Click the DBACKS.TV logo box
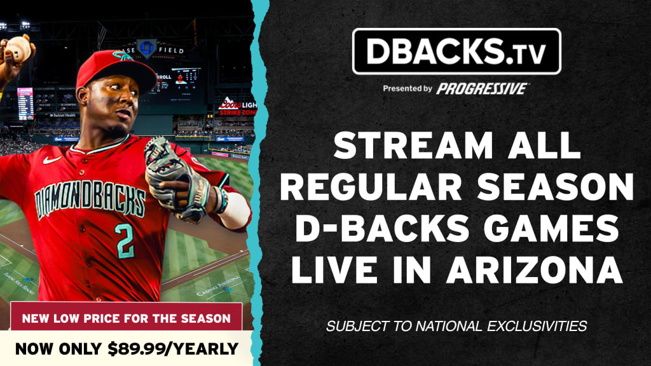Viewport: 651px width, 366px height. point(456,51)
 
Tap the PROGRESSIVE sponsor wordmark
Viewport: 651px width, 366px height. point(482,88)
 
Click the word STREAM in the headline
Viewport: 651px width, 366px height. point(413,146)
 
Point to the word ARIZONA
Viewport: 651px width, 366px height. point(534,269)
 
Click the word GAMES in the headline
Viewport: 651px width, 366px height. point(552,228)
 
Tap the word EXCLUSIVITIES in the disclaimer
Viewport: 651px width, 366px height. point(537,326)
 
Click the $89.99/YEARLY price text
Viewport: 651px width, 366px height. point(173,349)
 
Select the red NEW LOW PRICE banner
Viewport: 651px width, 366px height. point(127,317)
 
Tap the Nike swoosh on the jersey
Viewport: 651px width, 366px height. point(51,159)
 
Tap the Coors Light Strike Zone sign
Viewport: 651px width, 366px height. point(238,106)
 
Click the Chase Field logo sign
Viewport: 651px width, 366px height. point(147,48)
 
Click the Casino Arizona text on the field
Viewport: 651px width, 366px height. point(219,286)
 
